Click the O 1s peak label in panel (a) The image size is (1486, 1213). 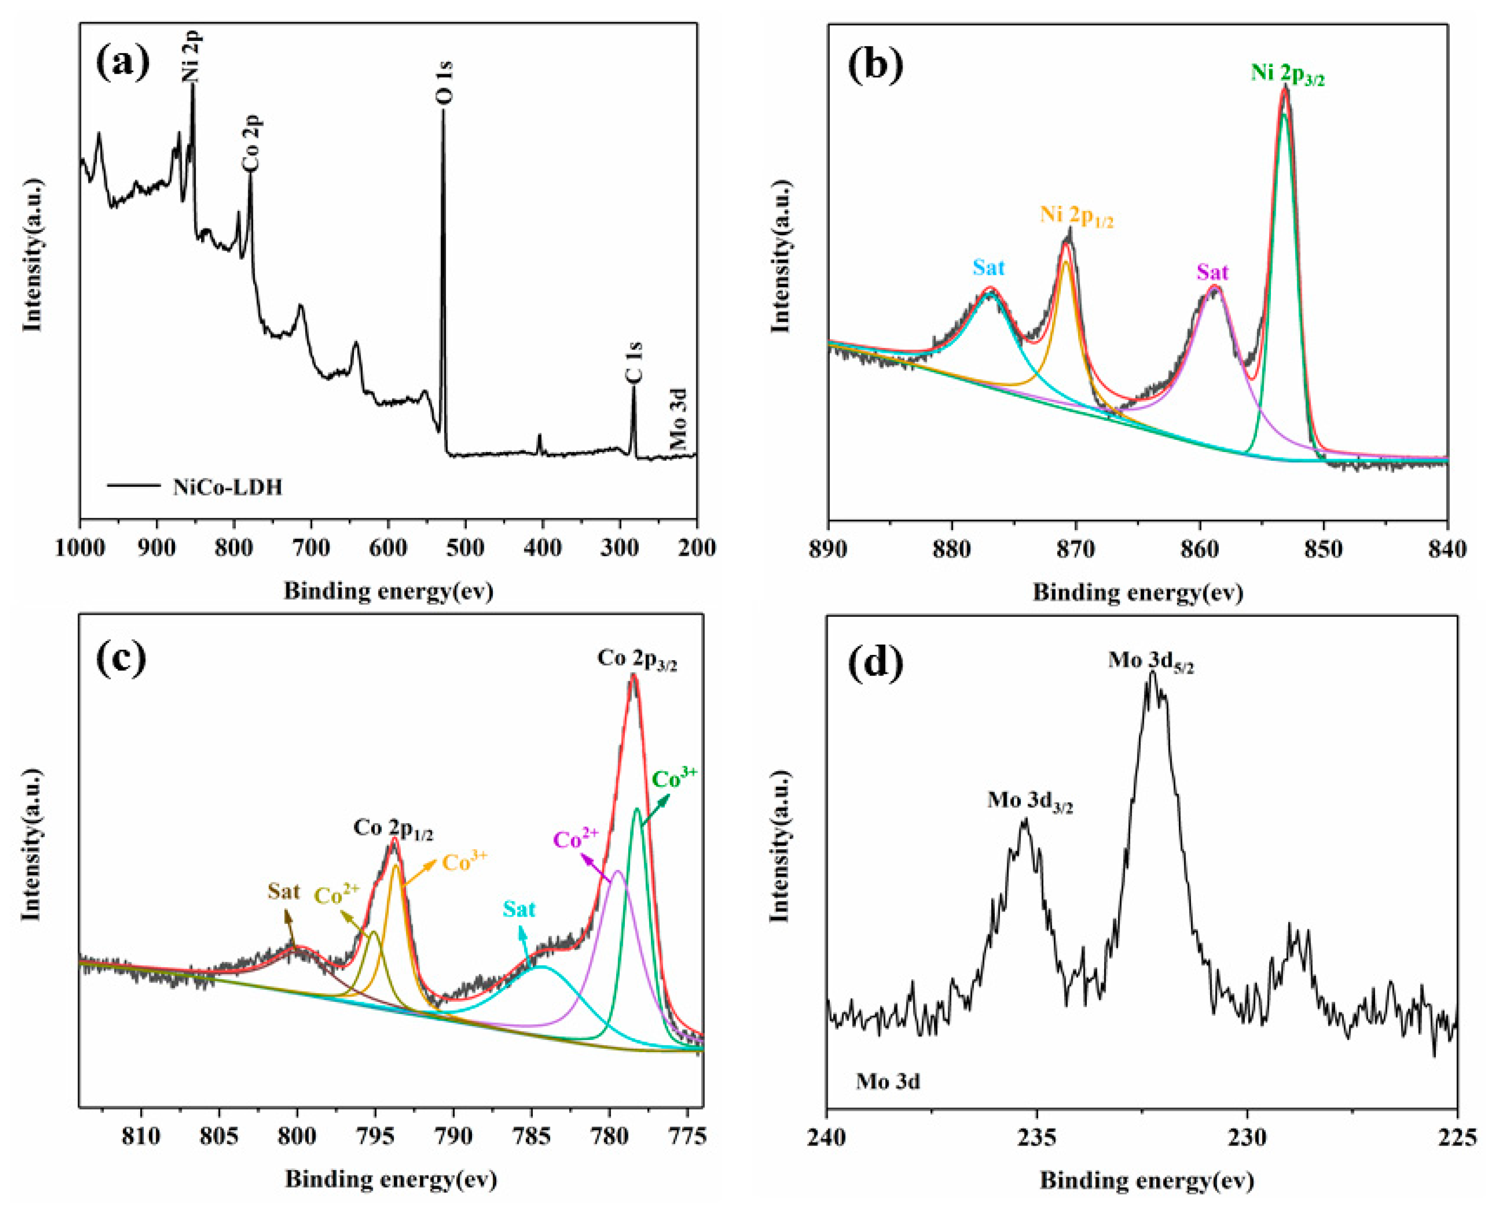pyautogui.click(x=445, y=83)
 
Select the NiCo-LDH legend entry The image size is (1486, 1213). pyautogui.click(x=227, y=487)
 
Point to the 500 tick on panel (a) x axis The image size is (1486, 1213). pyautogui.click(x=465, y=548)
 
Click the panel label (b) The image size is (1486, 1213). pyautogui.click(x=875, y=64)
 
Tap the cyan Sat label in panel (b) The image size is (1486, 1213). pyautogui.click(x=988, y=267)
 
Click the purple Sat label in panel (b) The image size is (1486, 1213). pyautogui.click(x=1212, y=272)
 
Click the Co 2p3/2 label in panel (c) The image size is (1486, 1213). pyautogui.click(x=637, y=660)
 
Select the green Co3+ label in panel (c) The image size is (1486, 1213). pyautogui.click(x=675, y=778)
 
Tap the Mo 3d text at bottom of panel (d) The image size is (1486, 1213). pyautogui.click(x=888, y=1082)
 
